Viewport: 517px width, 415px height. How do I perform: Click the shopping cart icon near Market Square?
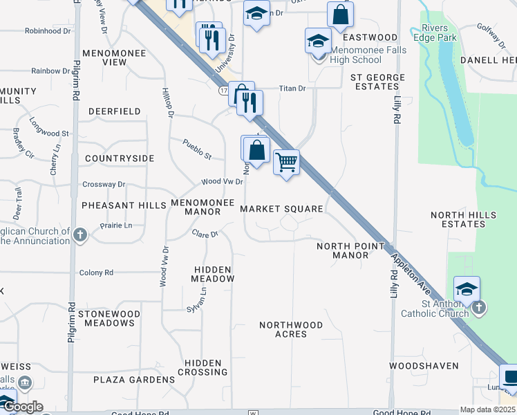tap(286, 163)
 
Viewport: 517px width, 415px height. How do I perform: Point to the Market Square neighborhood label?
tap(281, 209)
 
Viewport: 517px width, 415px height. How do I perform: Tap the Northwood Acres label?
tap(291, 329)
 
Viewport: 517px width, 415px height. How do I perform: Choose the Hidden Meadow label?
tap(214, 274)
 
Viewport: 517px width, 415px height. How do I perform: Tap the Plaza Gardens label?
tap(135, 380)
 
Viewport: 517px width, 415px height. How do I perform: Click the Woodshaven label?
tap(424, 365)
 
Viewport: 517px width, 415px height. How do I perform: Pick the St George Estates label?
tap(375, 82)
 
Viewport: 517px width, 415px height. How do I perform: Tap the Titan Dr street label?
tap(292, 89)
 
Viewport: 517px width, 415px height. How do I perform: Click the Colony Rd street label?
tap(96, 273)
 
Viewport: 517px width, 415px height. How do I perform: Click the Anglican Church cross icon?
tap(80, 235)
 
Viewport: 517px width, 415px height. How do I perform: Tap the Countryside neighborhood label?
tap(120, 158)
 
